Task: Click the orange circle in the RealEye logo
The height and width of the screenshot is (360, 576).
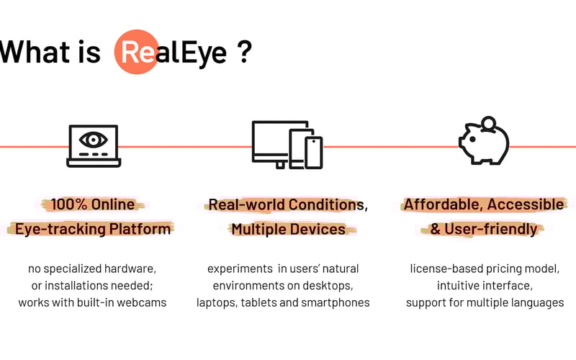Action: [x=136, y=52]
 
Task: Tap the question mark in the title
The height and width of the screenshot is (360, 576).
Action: [x=245, y=53]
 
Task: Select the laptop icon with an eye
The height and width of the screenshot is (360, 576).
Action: [x=94, y=146]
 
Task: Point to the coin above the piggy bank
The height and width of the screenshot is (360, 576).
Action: [x=489, y=122]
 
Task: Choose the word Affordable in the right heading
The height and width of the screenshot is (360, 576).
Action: [x=441, y=204]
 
